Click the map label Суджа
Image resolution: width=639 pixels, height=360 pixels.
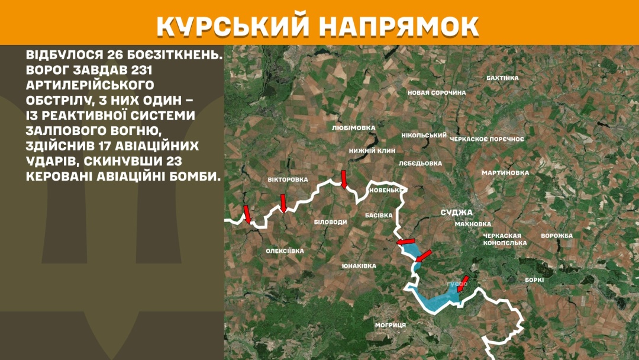pyautogui.click(x=456, y=212)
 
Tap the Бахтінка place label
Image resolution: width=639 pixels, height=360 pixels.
pyautogui.click(x=502, y=78)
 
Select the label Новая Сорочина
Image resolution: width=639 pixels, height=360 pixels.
pyautogui.click(x=437, y=92)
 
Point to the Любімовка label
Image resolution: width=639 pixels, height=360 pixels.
pyautogui.click(x=354, y=127)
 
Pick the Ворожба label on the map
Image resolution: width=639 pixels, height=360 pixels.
pyautogui.click(x=557, y=236)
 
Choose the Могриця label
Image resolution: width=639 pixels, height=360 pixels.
pyautogui.click(x=390, y=325)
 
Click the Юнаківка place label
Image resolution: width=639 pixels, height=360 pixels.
pyautogui.click(x=359, y=266)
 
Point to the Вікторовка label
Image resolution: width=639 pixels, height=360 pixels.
pyautogui.click(x=288, y=179)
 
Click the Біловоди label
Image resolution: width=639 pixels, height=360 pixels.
pyautogui.click(x=330, y=221)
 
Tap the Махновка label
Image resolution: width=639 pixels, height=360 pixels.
pyautogui.click(x=473, y=224)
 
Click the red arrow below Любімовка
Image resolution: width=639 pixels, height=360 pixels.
pyautogui.click(x=344, y=179)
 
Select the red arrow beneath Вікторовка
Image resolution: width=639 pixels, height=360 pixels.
pyautogui.click(x=283, y=203)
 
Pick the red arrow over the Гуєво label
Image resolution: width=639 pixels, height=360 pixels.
pyautogui.click(x=463, y=282)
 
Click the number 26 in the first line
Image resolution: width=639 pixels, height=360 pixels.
pyautogui.click(x=117, y=55)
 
